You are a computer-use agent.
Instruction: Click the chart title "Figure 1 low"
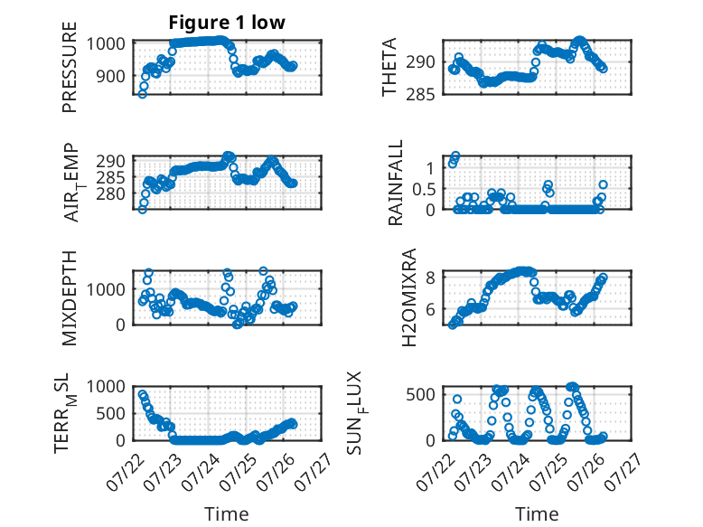pyautogui.click(x=227, y=23)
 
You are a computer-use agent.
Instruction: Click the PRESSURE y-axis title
pyautogui.click(x=70, y=67)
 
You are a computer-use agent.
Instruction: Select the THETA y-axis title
pyautogui.click(x=389, y=67)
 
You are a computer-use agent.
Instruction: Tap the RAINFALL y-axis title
pyautogui.click(x=396, y=183)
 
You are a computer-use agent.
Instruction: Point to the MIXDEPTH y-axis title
pyautogui.click(x=70, y=297)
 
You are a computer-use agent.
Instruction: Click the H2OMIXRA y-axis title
pyautogui.click(x=409, y=297)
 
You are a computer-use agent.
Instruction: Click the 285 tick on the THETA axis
pyautogui.click(x=420, y=95)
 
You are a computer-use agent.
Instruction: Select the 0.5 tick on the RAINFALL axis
pyautogui.click(x=424, y=189)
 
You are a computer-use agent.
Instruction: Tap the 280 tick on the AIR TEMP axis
pyautogui.click(x=110, y=193)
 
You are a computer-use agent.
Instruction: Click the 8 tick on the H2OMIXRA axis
pyautogui.click(x=430, y=278)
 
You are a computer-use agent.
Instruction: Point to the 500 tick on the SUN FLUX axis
pyautogui.click(x=420, y=395)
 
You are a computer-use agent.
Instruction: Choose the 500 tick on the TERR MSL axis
pyautogui.click(x=110, y=413)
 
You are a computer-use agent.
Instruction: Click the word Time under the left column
pyautogui.click(x=227, y=514)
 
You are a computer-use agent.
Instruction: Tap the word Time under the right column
pyautogui.click(x=537, y=514)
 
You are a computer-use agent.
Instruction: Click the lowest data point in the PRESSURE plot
pyautogui.click(x=142, y=94)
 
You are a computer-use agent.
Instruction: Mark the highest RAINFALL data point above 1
pyautogui.click(x=455, y=155)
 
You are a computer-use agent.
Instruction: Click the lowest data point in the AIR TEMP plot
pyautogui.click(x=142, y=209)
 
